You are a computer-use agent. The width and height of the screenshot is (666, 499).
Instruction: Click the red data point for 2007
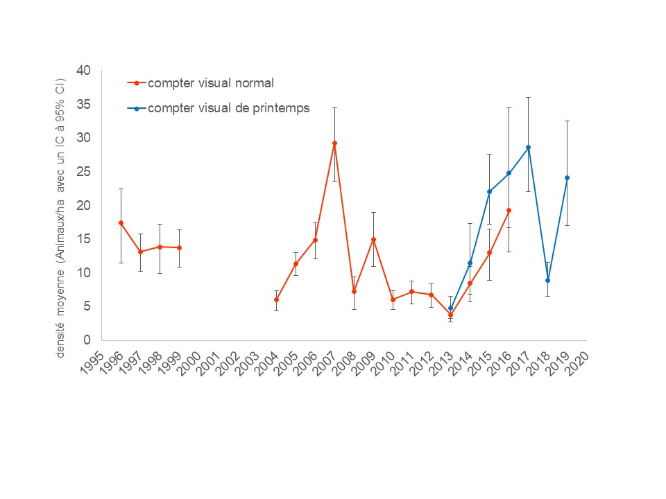click(x=334, y=143)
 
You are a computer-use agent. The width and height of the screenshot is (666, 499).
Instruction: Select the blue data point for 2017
click(x=528, y=147)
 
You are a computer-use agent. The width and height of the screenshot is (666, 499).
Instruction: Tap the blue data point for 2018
click(x=547, y=280)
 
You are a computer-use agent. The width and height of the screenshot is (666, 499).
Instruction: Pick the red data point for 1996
click(x=121, y=222)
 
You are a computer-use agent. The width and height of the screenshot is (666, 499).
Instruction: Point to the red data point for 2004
click(x=276, y=299)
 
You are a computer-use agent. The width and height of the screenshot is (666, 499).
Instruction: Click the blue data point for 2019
click(x=567, y=177)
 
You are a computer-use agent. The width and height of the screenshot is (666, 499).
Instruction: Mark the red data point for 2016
click(x=509, y=210)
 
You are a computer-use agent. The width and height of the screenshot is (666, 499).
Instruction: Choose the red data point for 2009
click(x=373, y=239)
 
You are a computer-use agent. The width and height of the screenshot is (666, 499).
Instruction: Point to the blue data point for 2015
click(x=489, y=192)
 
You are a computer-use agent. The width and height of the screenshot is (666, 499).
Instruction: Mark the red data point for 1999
click(x=180, y=247)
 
